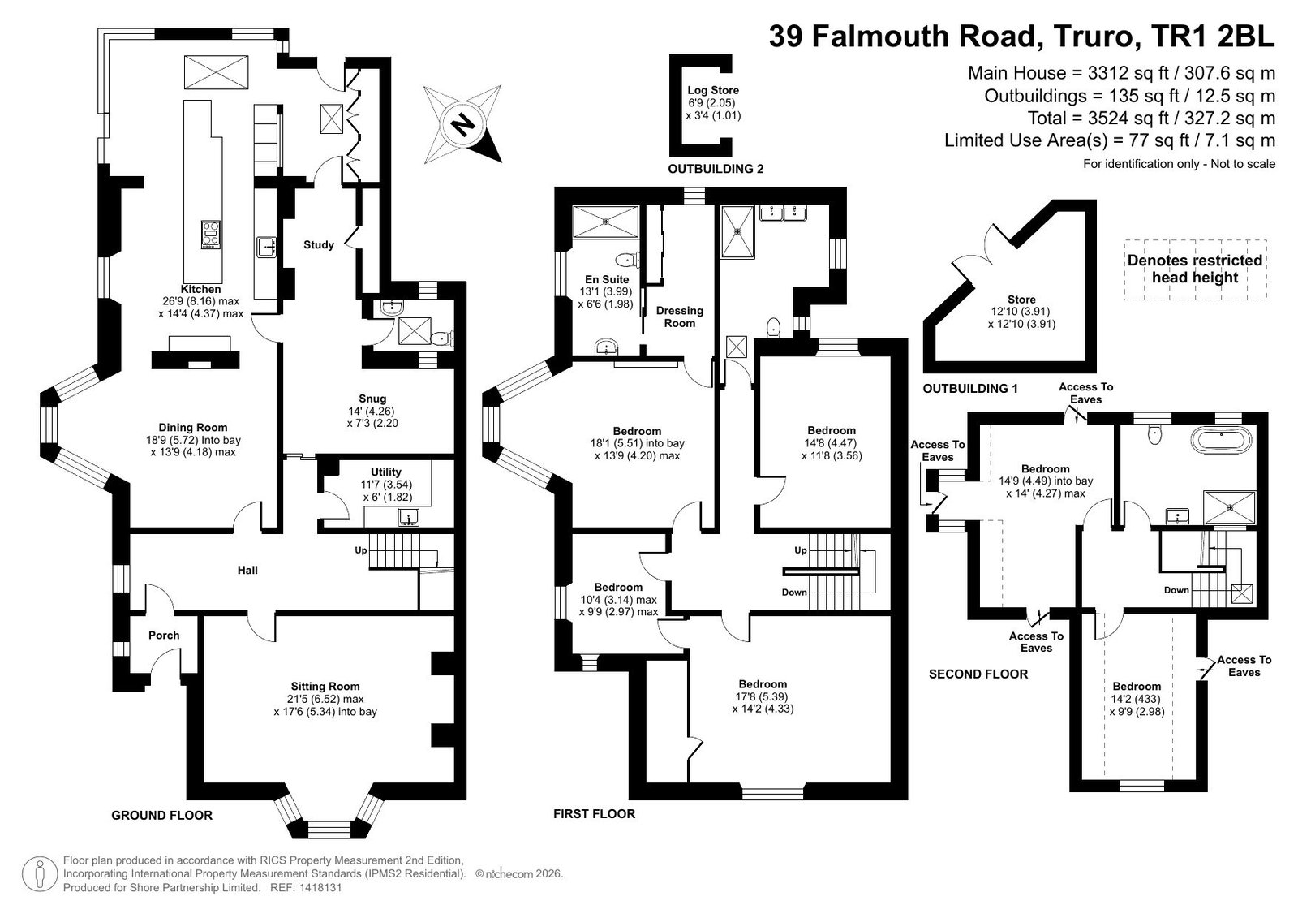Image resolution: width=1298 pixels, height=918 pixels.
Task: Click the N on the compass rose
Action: point(463,123)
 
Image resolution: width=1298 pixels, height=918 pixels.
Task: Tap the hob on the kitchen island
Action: point(211,235)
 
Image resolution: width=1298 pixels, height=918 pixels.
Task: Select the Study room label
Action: point(319,245)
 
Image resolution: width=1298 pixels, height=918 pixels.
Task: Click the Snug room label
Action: point(372,399)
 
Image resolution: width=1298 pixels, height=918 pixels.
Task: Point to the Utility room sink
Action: point(409,517)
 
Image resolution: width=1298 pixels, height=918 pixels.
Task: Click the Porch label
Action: point(164,635)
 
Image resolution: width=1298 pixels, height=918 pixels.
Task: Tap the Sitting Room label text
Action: point(325,686)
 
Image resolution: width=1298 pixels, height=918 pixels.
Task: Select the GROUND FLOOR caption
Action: point(161,816)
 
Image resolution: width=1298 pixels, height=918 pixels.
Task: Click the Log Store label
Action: point(713,90)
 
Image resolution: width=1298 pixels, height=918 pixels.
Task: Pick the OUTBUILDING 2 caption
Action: point(716,169)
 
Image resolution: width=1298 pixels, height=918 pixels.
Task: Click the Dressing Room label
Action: point(680,317)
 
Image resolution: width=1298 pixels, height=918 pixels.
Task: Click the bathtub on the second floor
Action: point(1222,440)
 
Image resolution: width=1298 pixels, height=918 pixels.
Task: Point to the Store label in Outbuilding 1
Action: point(1021,300)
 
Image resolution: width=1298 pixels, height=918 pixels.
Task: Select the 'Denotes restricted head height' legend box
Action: point(1195,269)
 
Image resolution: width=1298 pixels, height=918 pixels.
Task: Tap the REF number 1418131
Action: point(321,887)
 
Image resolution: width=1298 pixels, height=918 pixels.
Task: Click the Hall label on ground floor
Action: point(247,570)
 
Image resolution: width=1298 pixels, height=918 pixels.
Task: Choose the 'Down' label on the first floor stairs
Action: point(794,592)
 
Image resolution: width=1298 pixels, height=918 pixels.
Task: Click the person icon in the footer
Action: point(40,875)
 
